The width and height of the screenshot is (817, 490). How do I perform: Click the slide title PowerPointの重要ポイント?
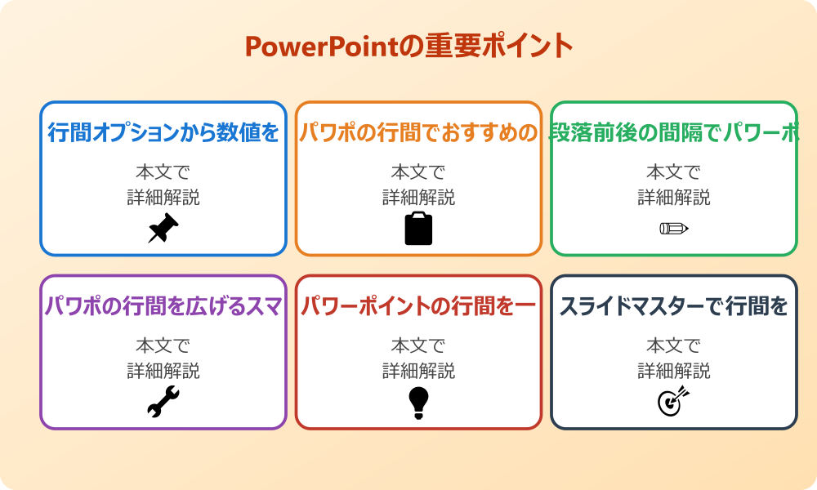408,46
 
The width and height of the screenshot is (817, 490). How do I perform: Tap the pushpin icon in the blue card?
163,229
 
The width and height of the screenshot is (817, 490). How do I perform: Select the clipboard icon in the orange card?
418,229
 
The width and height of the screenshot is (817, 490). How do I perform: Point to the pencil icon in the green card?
674,228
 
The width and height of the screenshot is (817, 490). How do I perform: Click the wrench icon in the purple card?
163,402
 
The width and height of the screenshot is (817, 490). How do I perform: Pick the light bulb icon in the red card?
418,402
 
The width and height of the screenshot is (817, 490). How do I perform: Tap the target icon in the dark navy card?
674,402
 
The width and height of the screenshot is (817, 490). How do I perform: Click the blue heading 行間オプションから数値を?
163,132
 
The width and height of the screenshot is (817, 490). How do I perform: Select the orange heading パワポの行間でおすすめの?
418,132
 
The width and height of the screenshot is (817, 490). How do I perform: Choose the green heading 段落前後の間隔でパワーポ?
674,132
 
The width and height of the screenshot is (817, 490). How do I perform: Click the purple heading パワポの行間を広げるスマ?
163,306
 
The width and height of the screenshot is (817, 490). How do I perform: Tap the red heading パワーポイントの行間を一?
418,306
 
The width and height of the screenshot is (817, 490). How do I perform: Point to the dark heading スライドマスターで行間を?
674,306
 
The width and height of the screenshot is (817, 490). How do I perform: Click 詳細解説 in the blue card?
163,198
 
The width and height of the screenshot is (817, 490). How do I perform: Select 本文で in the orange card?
418,172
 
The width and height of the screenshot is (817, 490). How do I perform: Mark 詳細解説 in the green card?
674,198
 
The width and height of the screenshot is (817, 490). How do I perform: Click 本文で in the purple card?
163,345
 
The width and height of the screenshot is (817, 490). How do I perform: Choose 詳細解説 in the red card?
418,371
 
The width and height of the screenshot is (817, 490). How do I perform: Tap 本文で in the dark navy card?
674,345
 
